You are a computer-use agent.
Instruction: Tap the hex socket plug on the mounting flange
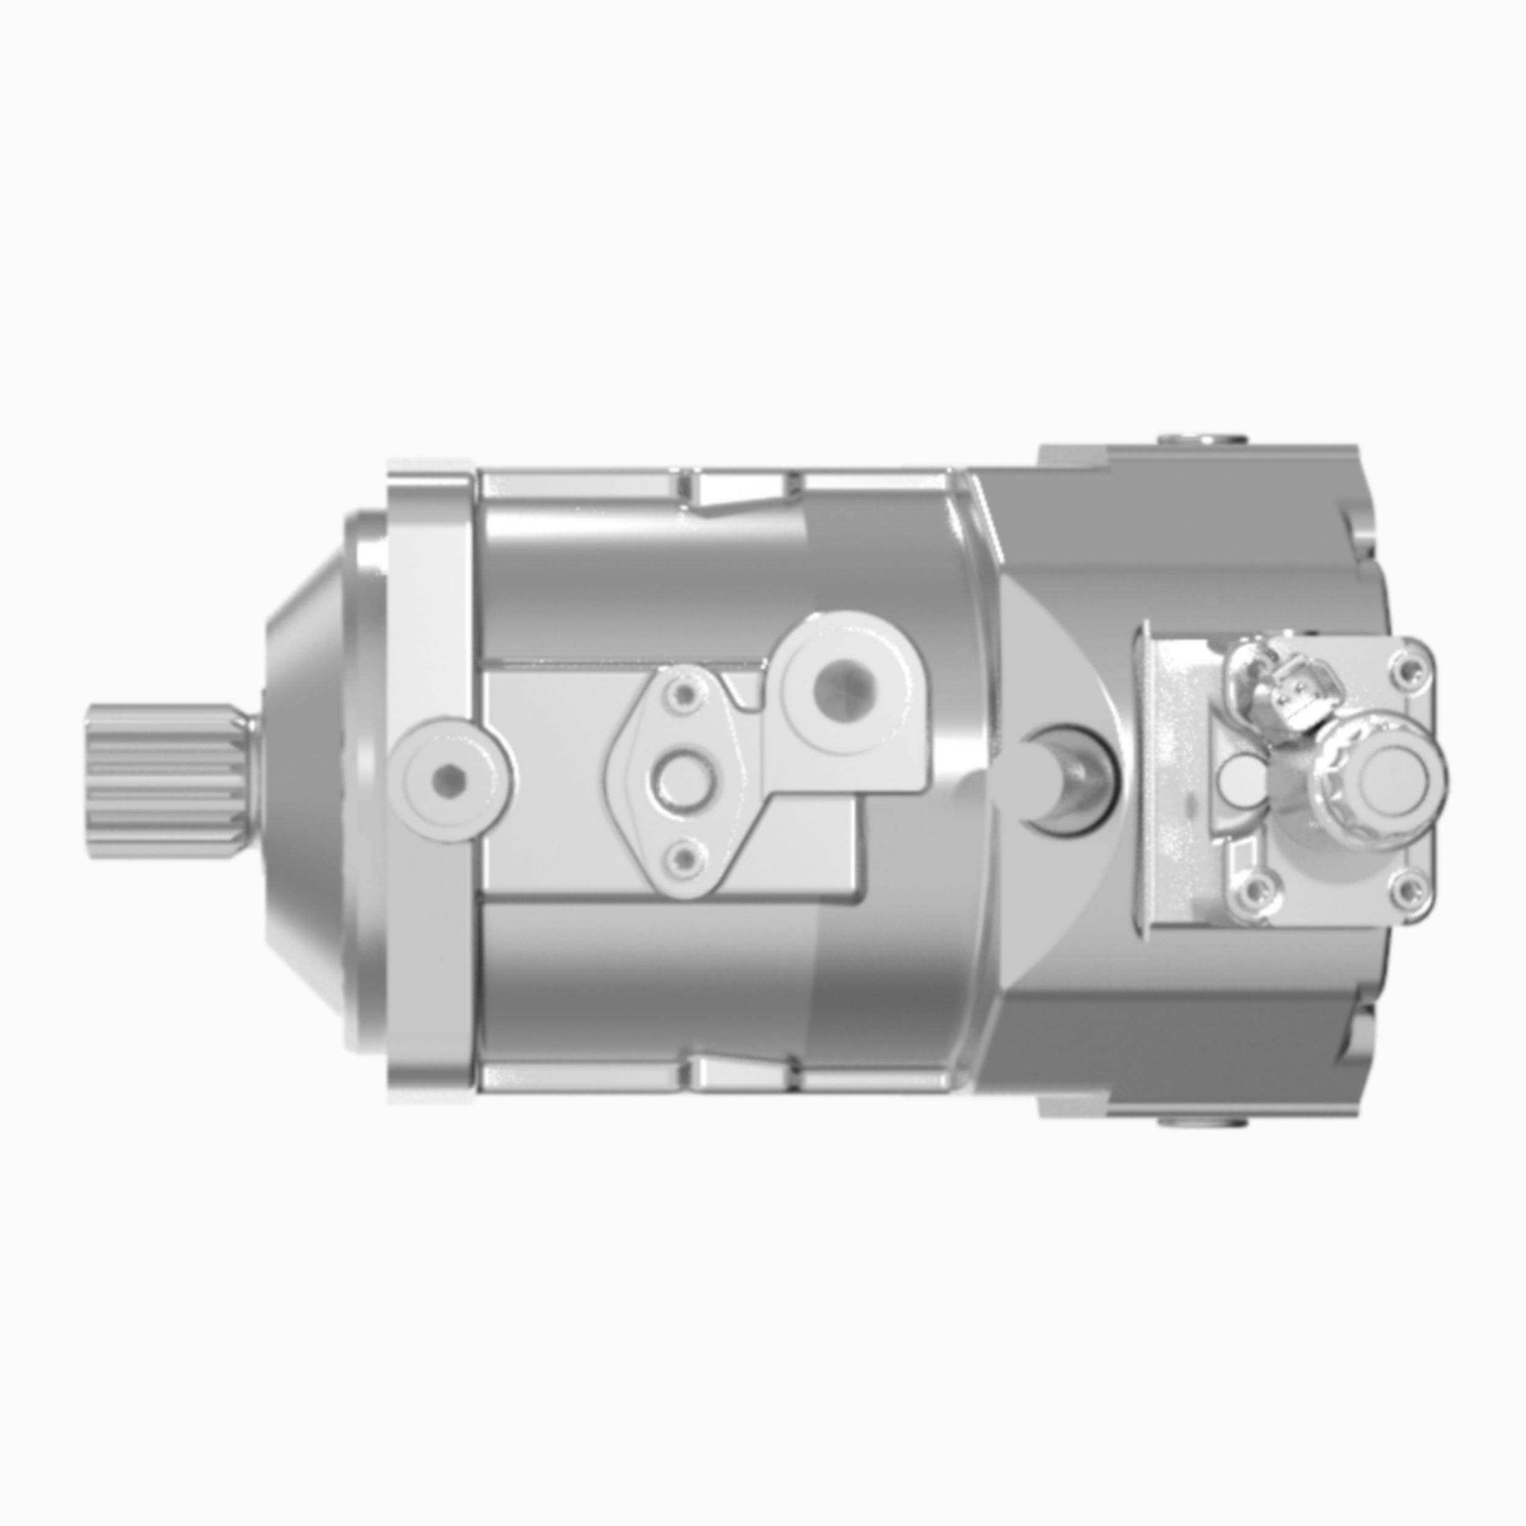pyautogui.click(x=449, y=780)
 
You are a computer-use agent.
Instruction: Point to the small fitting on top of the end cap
pyautogui.click(x=1201, y=438)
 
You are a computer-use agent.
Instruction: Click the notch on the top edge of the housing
pyautogui.click(x=739, y=488)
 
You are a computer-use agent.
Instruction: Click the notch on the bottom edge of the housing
pyautogui.click(x=739, y=1072)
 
